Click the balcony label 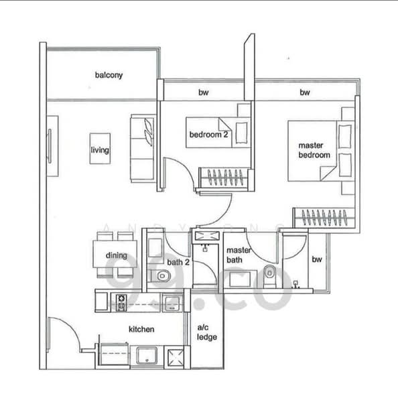coord(109,75)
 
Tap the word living coord(100,149)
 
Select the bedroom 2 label coord(208,135)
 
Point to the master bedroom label coord(314,150)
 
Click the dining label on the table coord(117,255)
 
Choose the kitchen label coord(141,329)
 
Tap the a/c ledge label coord(206,332)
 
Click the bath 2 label coord(178,262)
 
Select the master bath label coord(239,255)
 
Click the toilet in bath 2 coord(161,276)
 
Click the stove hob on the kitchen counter coord(121,303)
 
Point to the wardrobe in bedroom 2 coord(224,178)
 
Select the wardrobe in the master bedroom coord(324,218)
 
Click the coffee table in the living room coord(100,149)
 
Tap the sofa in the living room coord(143,149)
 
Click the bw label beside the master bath coord(317,259)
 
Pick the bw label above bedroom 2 coord(204,92)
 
